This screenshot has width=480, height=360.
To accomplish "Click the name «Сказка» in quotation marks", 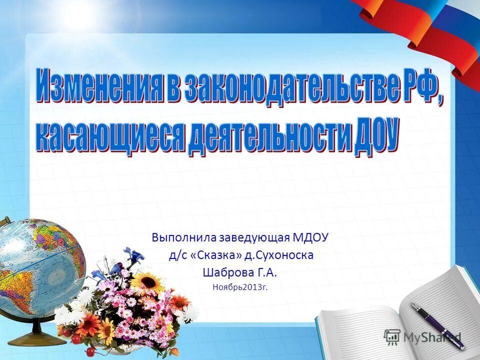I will tap(216, 255).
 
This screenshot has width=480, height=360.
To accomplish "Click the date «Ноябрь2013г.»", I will tap(240, 287).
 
